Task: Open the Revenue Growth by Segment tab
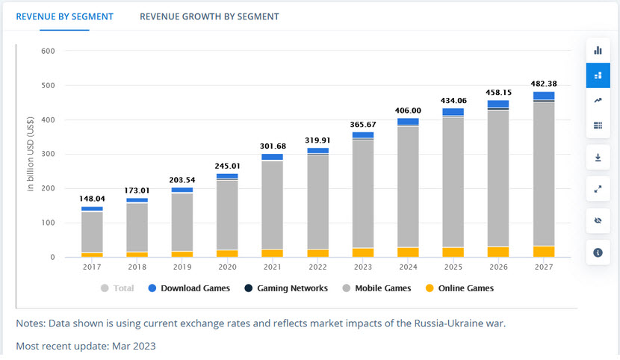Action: click(x=209, y=16)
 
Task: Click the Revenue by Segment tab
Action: click(x=64, y=16)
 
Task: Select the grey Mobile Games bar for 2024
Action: click(x=408, y=187)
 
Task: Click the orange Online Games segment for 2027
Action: click(x=544, y=251)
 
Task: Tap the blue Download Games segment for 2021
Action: click(x=272, y=157)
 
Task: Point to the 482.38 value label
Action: click(x=544, y=84)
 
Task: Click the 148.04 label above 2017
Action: click(x=93, y=199)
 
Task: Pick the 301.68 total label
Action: click(x=272, y=146)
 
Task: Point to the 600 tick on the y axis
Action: click(x=49, y=52)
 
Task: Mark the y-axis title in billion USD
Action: click(x=31, y=155)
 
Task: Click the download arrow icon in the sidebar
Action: click(x=598, y=158)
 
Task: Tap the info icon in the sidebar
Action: click(x=598, y=252)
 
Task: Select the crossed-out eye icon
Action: click(x=598, y=221)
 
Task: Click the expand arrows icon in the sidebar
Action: click(x=598, y=190)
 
